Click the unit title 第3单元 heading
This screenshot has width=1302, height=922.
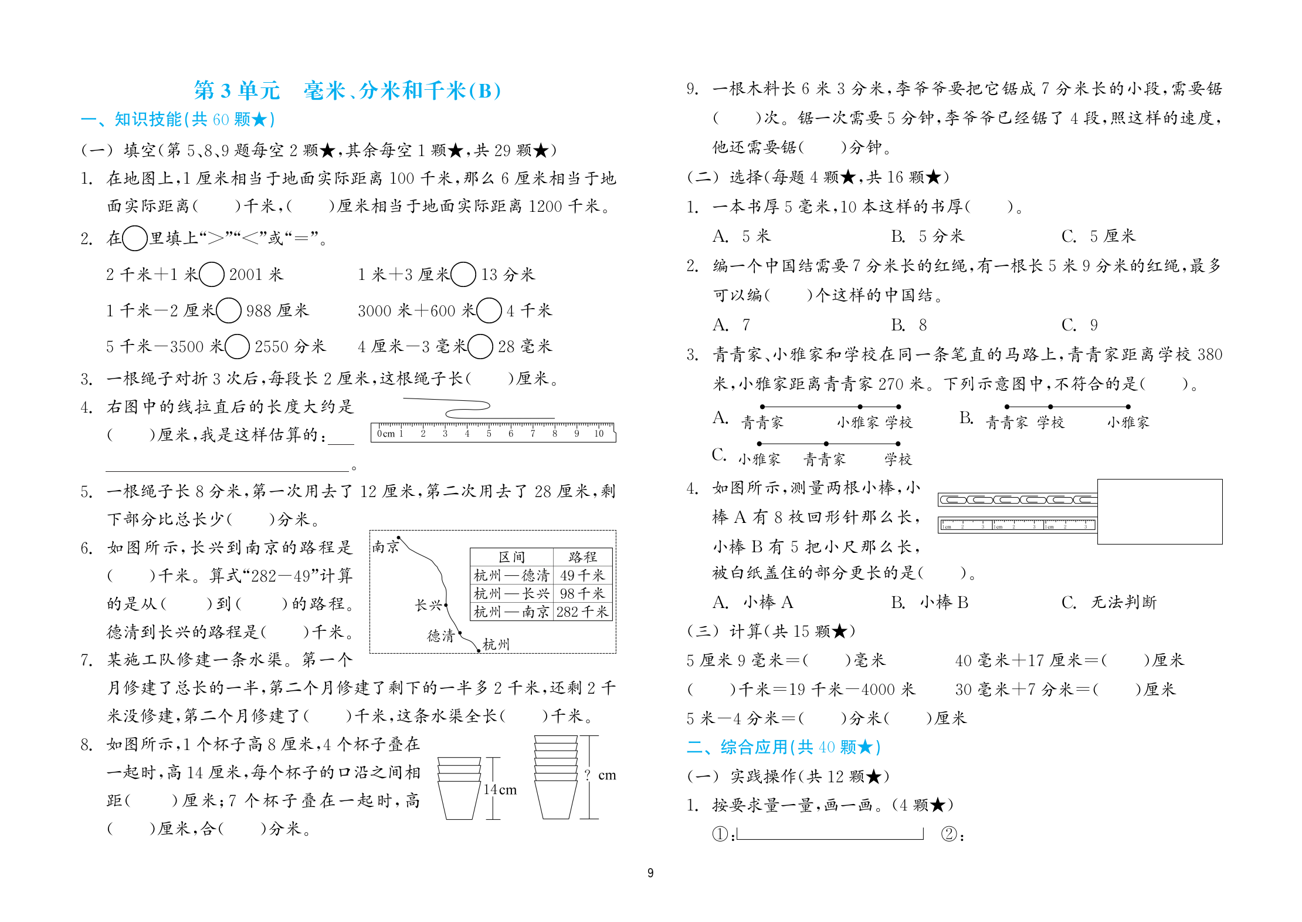238,90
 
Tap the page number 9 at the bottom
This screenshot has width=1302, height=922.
650,873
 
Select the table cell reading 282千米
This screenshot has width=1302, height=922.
582,612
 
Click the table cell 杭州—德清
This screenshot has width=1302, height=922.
511,575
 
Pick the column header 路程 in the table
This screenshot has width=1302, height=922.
582,557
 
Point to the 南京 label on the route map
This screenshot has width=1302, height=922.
385,547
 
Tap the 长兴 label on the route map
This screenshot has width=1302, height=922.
428,605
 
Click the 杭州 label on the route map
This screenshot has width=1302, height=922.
496,644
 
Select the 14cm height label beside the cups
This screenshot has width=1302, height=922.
500,790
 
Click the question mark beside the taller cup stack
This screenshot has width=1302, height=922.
588,775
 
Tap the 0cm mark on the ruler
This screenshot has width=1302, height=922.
386,434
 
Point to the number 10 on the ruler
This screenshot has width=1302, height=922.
599,434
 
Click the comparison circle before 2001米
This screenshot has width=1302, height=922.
212,274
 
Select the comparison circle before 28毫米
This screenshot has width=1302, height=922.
480,346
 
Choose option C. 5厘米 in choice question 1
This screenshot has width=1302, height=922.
1098,236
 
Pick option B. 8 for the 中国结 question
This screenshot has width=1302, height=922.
909,325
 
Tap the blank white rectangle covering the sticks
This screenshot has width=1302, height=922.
1159,512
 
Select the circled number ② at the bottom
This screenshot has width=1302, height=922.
948,834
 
